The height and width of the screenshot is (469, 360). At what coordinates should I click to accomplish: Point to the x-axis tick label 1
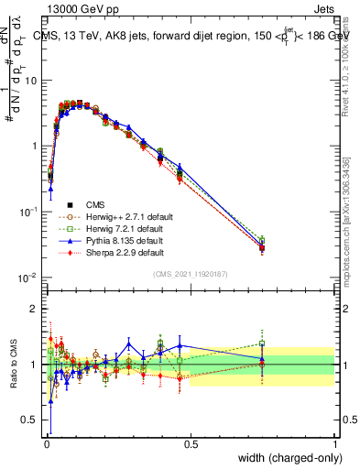(334, 442)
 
